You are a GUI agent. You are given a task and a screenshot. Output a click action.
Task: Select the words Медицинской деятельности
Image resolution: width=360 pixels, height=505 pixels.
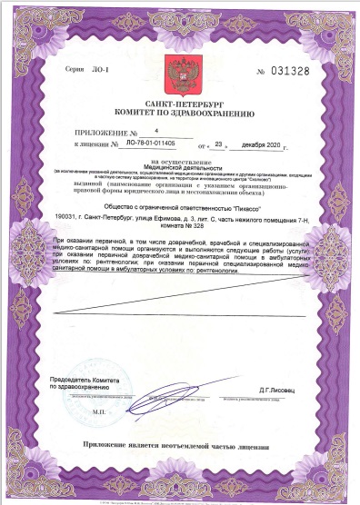pos(178,167)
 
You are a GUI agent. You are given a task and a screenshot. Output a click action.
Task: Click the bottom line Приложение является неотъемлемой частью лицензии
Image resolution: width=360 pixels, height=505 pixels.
pos(178,447)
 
